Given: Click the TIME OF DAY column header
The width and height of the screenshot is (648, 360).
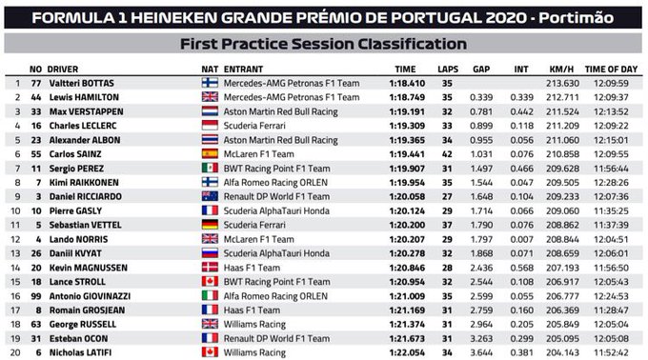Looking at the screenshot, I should point(609,69).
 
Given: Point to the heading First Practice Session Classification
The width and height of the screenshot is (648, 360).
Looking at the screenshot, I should point(324,44).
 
